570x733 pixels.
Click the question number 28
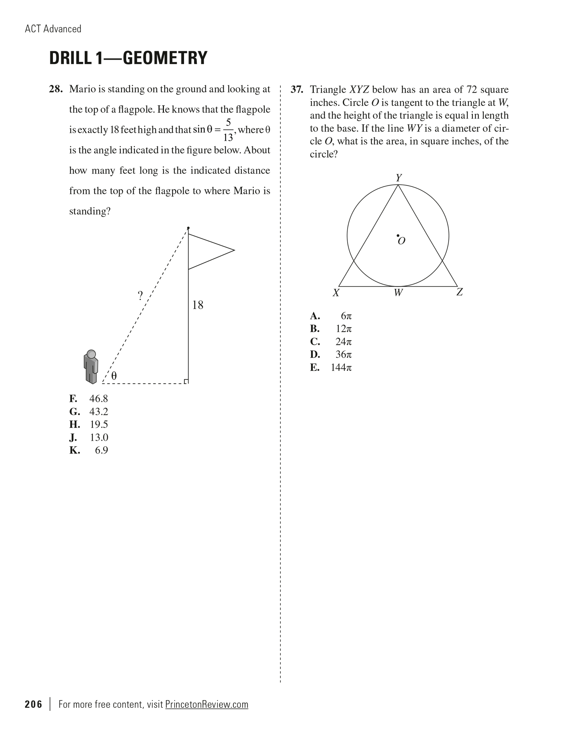(x=56, y=89)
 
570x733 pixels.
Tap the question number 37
(x=297, y=90)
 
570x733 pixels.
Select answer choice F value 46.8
(x=99, y=399)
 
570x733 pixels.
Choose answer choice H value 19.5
(x=99, y=424)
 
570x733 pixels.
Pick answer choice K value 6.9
(x=101, y=450)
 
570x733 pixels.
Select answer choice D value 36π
(x=343, y=355)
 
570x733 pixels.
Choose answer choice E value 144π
(x=341, y=367)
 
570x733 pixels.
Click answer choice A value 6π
(x=346, y=316)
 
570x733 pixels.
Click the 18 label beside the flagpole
(x=197, y=305)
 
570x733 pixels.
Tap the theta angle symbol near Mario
(x=114, y=376)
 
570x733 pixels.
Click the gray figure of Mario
(x=91, y=367)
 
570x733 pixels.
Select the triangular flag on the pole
(x=208, y=251)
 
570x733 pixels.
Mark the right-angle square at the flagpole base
(x=186, y=381)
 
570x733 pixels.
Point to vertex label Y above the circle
(x=399, y=178)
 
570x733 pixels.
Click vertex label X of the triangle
(x=336, y=293)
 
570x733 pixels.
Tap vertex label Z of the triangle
(x=459, y=292)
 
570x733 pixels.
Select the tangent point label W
(x=398, y=293)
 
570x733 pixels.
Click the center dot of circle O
(x=398, y=236)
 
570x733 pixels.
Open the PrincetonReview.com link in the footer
(x=206, y=704)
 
